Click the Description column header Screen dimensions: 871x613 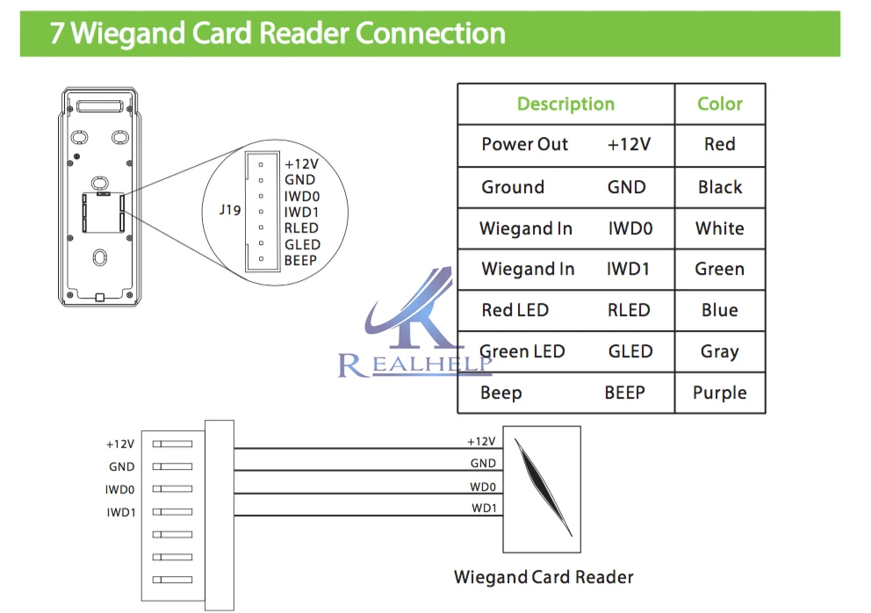point(565,104)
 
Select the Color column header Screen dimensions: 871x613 point(720,104)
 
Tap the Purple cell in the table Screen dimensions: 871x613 point(720,393)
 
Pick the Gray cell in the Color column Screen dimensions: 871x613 point(720,352)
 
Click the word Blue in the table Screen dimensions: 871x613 point(720,310)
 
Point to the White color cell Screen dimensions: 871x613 point(720,228)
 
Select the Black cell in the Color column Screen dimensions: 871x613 point(720,187)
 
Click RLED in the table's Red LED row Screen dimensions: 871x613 point(629,310)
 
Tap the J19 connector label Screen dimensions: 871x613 point(230,210)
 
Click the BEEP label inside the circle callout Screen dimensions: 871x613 point(300,260)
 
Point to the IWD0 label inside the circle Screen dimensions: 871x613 point(302,196)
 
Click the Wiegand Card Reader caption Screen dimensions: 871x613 point(543,577)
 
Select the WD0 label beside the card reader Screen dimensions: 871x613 point(483,487)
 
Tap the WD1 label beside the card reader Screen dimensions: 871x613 point(484,508)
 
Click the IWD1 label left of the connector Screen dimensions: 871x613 point(121,512)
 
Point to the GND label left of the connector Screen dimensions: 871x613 point(122,467)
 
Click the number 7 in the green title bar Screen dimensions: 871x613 point(57,32)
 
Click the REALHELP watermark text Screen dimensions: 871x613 point(415,364)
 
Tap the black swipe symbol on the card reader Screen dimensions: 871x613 point(543,487)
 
